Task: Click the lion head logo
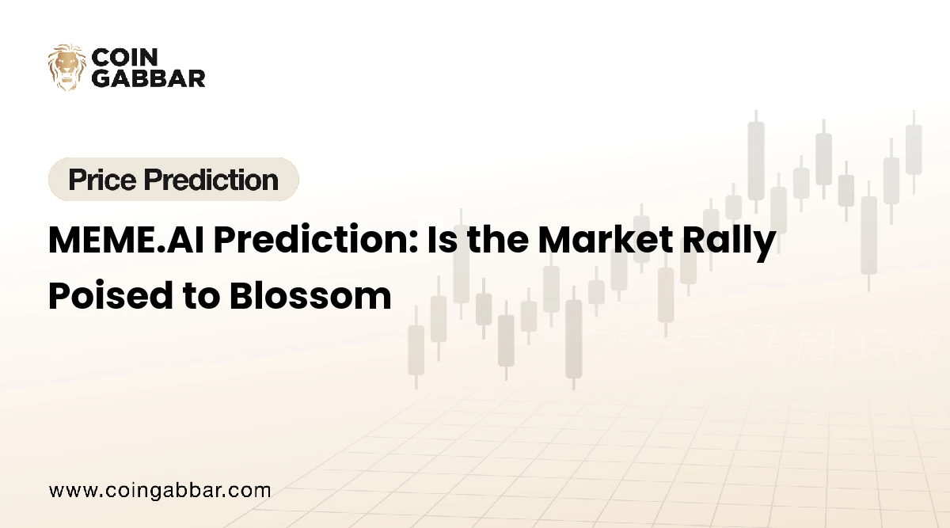(x=66, y=66)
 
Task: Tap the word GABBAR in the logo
(x=148, y=78)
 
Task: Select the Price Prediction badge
(x=173, y=180)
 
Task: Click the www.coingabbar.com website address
(x=160, y=490)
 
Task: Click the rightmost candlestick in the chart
(x=914, y=150)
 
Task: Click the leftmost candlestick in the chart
(x=416, y=348)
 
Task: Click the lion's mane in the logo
(x=55, y=66)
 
